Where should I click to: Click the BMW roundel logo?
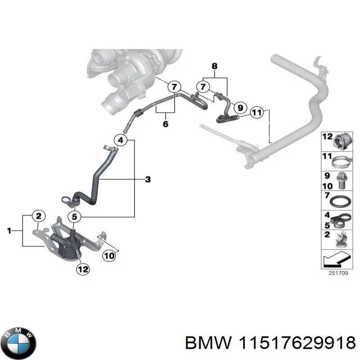[18, 342]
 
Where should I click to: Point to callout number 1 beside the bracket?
[9, 231]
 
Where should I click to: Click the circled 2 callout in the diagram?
[39, 216]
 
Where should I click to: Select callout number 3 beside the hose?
[148, 180]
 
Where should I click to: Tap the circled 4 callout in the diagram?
[120, 140]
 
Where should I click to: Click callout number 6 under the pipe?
[165, 124]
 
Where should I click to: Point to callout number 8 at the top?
[215, 66]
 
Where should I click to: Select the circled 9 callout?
[240, 108]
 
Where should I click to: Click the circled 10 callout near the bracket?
[109, 256]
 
